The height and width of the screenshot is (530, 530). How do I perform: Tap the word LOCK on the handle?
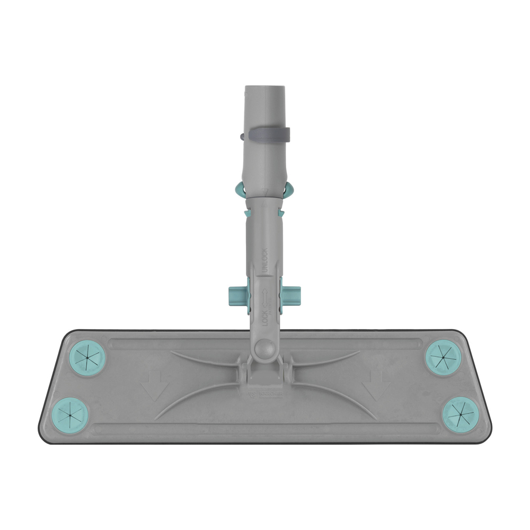(x=265, y=319)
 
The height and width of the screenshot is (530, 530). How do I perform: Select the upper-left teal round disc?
(x=87, y=358)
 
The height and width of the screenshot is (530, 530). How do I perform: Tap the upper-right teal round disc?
(x=443, y=358)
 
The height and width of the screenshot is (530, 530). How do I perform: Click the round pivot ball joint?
(x=264, y=350)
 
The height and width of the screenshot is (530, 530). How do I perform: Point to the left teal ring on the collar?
(x=239, y=189)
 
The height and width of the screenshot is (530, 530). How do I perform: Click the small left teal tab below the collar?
(x=246, y=213)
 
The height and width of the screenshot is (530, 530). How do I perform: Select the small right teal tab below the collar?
(x=281, y=213)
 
